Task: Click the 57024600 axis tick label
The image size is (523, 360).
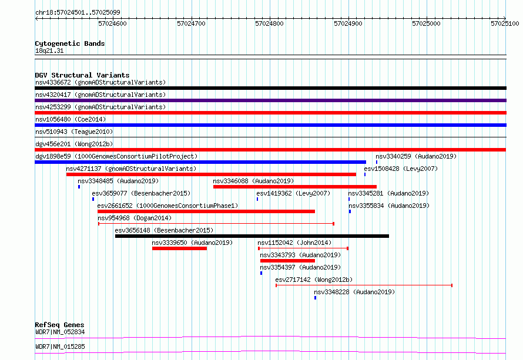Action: click(x=112, y=23)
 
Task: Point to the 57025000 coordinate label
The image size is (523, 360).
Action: click(x=426, y=23)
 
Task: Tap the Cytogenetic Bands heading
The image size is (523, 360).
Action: click(x=70, y=43)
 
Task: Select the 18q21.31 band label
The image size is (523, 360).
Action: click(x=49, y=51)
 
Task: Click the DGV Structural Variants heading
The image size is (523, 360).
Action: click(x=82, y=75)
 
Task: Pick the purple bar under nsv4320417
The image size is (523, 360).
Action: click(x=270, y=100)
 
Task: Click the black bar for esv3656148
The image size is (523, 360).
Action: click(x=252, y=236)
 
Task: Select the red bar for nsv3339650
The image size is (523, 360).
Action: click(x=179, y=248)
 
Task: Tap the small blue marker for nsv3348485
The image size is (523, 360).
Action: click(x=79, y=187)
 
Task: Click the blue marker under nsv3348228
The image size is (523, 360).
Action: click(x=315, y=298)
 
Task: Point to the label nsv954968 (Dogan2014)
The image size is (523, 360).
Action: click(x=135, y=218)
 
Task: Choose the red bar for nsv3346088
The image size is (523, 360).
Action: click(x=295, y=187)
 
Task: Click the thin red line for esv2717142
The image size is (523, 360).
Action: click(x=364, y=285)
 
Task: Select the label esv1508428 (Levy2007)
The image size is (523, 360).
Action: click(x=401, y=169)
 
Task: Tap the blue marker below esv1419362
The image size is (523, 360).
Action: click(x=257, y=199)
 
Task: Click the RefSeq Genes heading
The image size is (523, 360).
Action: click(x=60, y=325)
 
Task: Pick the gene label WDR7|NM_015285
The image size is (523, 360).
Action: click(x=60, y=346)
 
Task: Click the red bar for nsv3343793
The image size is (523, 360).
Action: click(x=287, y=261)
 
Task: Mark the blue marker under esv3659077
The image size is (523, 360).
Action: click(x=93, y=199)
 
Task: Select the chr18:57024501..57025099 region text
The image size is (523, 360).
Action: click(x=78, y=12)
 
